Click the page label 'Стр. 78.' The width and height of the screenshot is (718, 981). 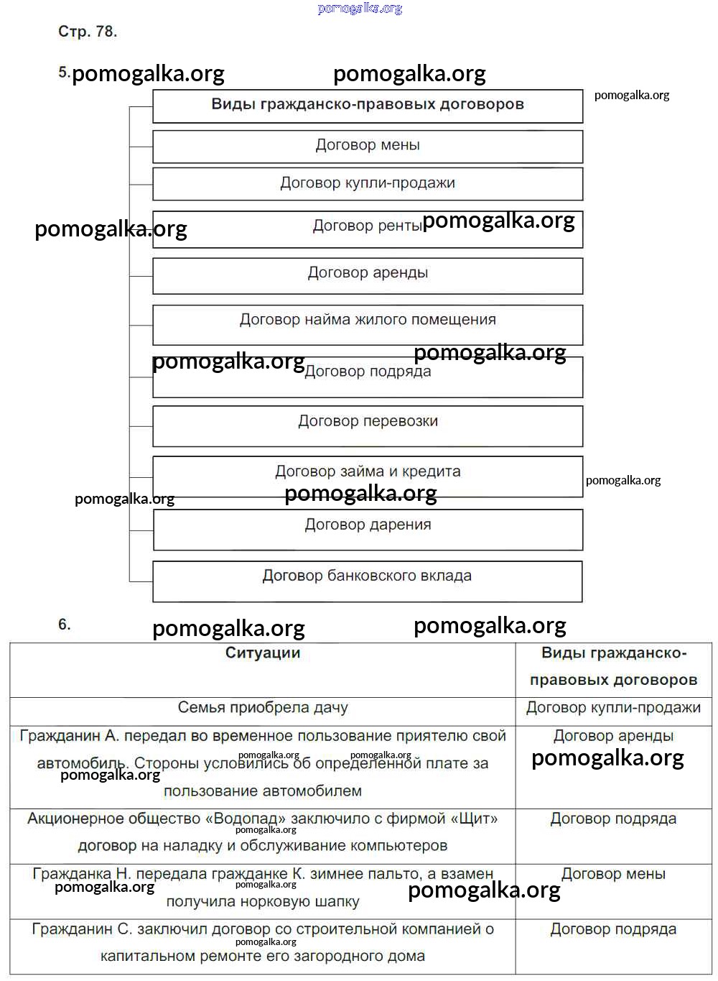coord(87,32)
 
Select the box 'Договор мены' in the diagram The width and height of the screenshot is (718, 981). coord(368,145)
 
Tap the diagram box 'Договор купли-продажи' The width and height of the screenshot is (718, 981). coord(368,183)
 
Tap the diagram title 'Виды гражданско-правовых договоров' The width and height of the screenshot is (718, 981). coord(368,104)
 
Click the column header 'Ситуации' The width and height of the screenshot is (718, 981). coord(263,653)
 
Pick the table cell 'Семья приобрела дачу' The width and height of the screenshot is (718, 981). coord(263,708)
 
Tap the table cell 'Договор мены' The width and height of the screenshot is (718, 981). coord(613,875)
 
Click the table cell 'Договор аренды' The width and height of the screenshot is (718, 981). coord(613,736)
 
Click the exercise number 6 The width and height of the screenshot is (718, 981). coord(64,625)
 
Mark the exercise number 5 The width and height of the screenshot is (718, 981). coord(63,73)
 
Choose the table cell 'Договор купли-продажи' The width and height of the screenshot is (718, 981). coord(613,708)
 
